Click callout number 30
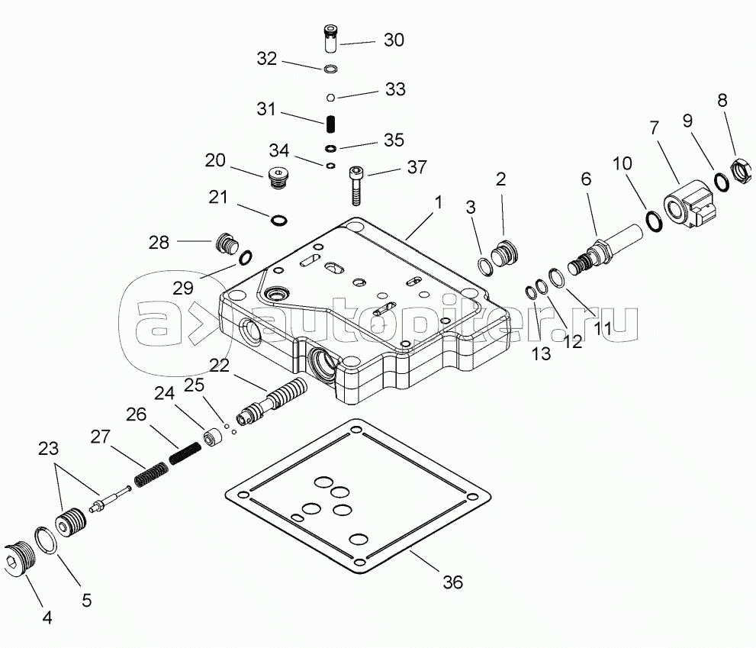[x=394, y=40]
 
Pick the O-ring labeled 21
[x=279, y=221]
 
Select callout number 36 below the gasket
[x=452, y=582]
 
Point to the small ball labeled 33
[x=330, y=97]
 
